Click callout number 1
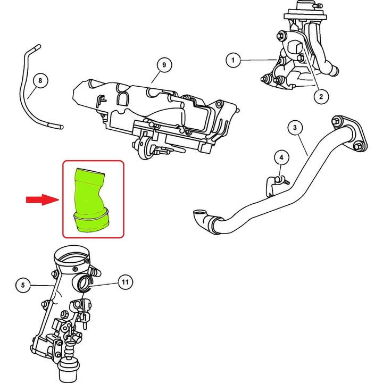point(232,60)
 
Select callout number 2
point(320,96)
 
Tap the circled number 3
point(295,128)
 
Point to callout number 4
point(281,157)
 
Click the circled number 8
point(39,81)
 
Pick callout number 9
point(164,65)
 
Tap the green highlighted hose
point(91,199)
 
